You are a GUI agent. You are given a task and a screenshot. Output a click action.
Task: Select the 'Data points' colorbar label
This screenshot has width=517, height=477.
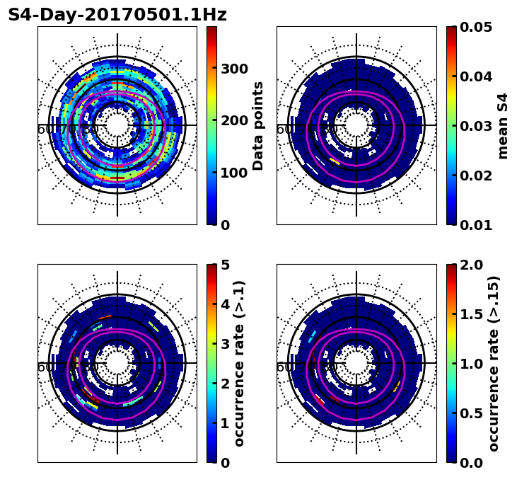click(258, 125)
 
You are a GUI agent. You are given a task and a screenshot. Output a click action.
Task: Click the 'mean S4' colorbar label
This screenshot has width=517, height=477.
click(503, 125)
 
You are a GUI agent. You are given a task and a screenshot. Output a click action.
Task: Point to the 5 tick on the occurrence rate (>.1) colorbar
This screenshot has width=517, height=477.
click(225, 265)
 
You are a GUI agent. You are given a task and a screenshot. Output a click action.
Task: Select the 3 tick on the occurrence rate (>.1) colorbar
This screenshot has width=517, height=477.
click(225, 344)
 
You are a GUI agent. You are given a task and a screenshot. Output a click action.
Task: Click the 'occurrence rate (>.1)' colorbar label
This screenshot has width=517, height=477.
click(239, 363)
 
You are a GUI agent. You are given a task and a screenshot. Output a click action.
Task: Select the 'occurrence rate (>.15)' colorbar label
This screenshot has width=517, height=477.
click(494, 363)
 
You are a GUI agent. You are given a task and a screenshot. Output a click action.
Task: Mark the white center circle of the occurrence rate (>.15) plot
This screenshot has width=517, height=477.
click(356, 363)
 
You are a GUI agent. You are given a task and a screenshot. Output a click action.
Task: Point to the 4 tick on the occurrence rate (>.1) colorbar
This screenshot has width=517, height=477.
click(225, 304)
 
